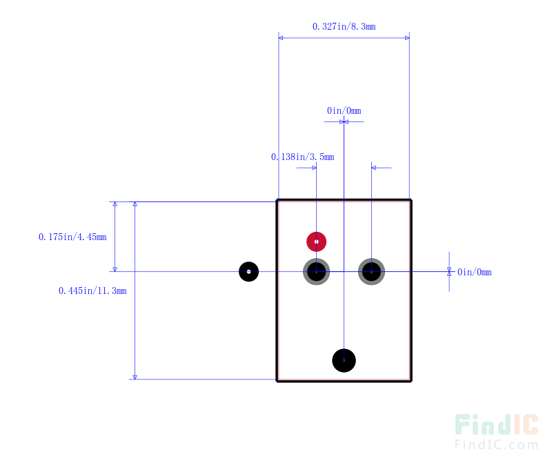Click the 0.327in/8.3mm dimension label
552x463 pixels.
pyautogui.click(x=344, y=26)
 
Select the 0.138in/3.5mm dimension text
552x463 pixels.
pyautogui.click(x=302, y=157)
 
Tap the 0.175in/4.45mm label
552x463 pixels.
pyautogui.click(x=72, y=237)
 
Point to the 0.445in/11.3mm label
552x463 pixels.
pyautogui.click(x=92, y=290)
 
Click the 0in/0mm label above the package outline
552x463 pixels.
pyautogui.click(x=344, y=110)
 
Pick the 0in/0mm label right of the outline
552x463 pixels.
pyautogui.click(x=474, y=272)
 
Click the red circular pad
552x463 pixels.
pyautogui.click(x=317, y=242)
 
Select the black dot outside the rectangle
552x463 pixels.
pyautogui.click(x=249, y=272)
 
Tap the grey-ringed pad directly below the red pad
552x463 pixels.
pyautogui.click(x=317, y=272)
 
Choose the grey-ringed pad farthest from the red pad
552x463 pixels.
pyautogui.click(x=371, y=272)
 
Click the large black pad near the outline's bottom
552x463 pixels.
pyautogui.click(x=344, y=361)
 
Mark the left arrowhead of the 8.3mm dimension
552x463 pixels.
pyautogui.click(x=281, y=38)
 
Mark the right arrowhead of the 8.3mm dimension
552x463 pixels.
pyautogui.click(x=407, y=38)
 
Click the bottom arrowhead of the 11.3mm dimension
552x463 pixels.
pyautogui.click(x=135, y=377)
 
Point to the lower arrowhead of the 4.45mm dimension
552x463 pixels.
pyautogui.click(x=115, y=269)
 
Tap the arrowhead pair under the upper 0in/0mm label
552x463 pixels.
pyautogui.click(x=344, y=122)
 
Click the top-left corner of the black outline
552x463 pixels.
pyautogui.click(x=277, y=200)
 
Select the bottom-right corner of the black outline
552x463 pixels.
pyautogui.click(x=411, y=381)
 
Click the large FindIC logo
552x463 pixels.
pyautogui.click(x=496, y=424)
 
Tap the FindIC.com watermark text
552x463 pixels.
pyautogui.click(x=496, y=444)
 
